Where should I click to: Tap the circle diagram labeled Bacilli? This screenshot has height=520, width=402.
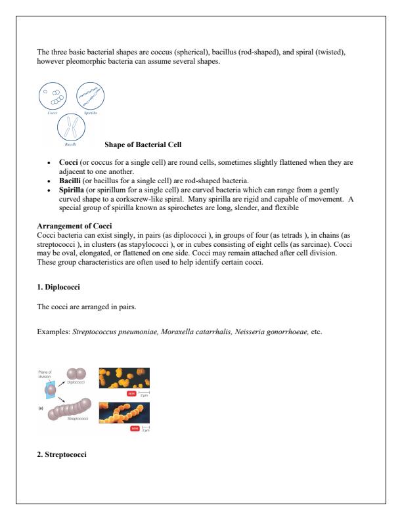[72, 127]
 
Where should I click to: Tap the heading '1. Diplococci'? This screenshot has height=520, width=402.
[58, 287]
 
